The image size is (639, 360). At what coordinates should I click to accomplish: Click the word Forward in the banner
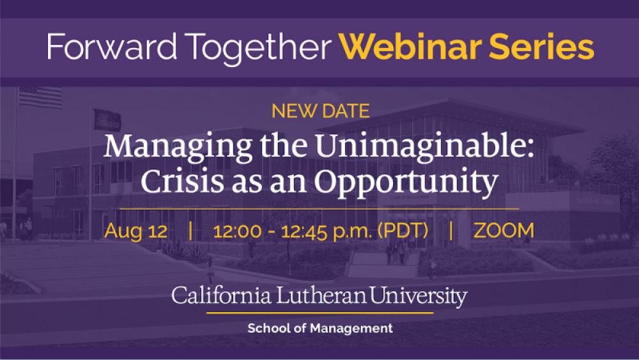coord(112,47)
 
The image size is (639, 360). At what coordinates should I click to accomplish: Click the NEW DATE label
coord(321,111)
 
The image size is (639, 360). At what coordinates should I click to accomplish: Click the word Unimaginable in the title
coord(424,146)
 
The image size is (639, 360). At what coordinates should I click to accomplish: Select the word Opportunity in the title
coord(406,182)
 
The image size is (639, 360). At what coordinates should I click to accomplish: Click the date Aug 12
coord(135,231)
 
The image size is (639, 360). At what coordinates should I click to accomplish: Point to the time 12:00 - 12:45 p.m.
coord(292,231)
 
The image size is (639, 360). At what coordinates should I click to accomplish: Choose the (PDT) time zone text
coord(403,230)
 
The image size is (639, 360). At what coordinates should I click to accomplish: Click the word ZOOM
coord(504,230)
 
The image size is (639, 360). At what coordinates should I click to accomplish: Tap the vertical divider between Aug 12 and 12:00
coord(190,230)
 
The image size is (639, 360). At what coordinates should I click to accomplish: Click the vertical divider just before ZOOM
coord(450,230)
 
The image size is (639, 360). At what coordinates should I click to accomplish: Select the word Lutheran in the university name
coord(321,295)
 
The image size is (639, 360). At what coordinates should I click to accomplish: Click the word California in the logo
coord(221,295)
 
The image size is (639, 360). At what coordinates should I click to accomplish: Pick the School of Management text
coord(320,328)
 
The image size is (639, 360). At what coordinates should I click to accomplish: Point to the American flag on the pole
coord(41,97)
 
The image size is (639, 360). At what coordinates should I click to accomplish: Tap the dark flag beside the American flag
coord(107,120)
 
